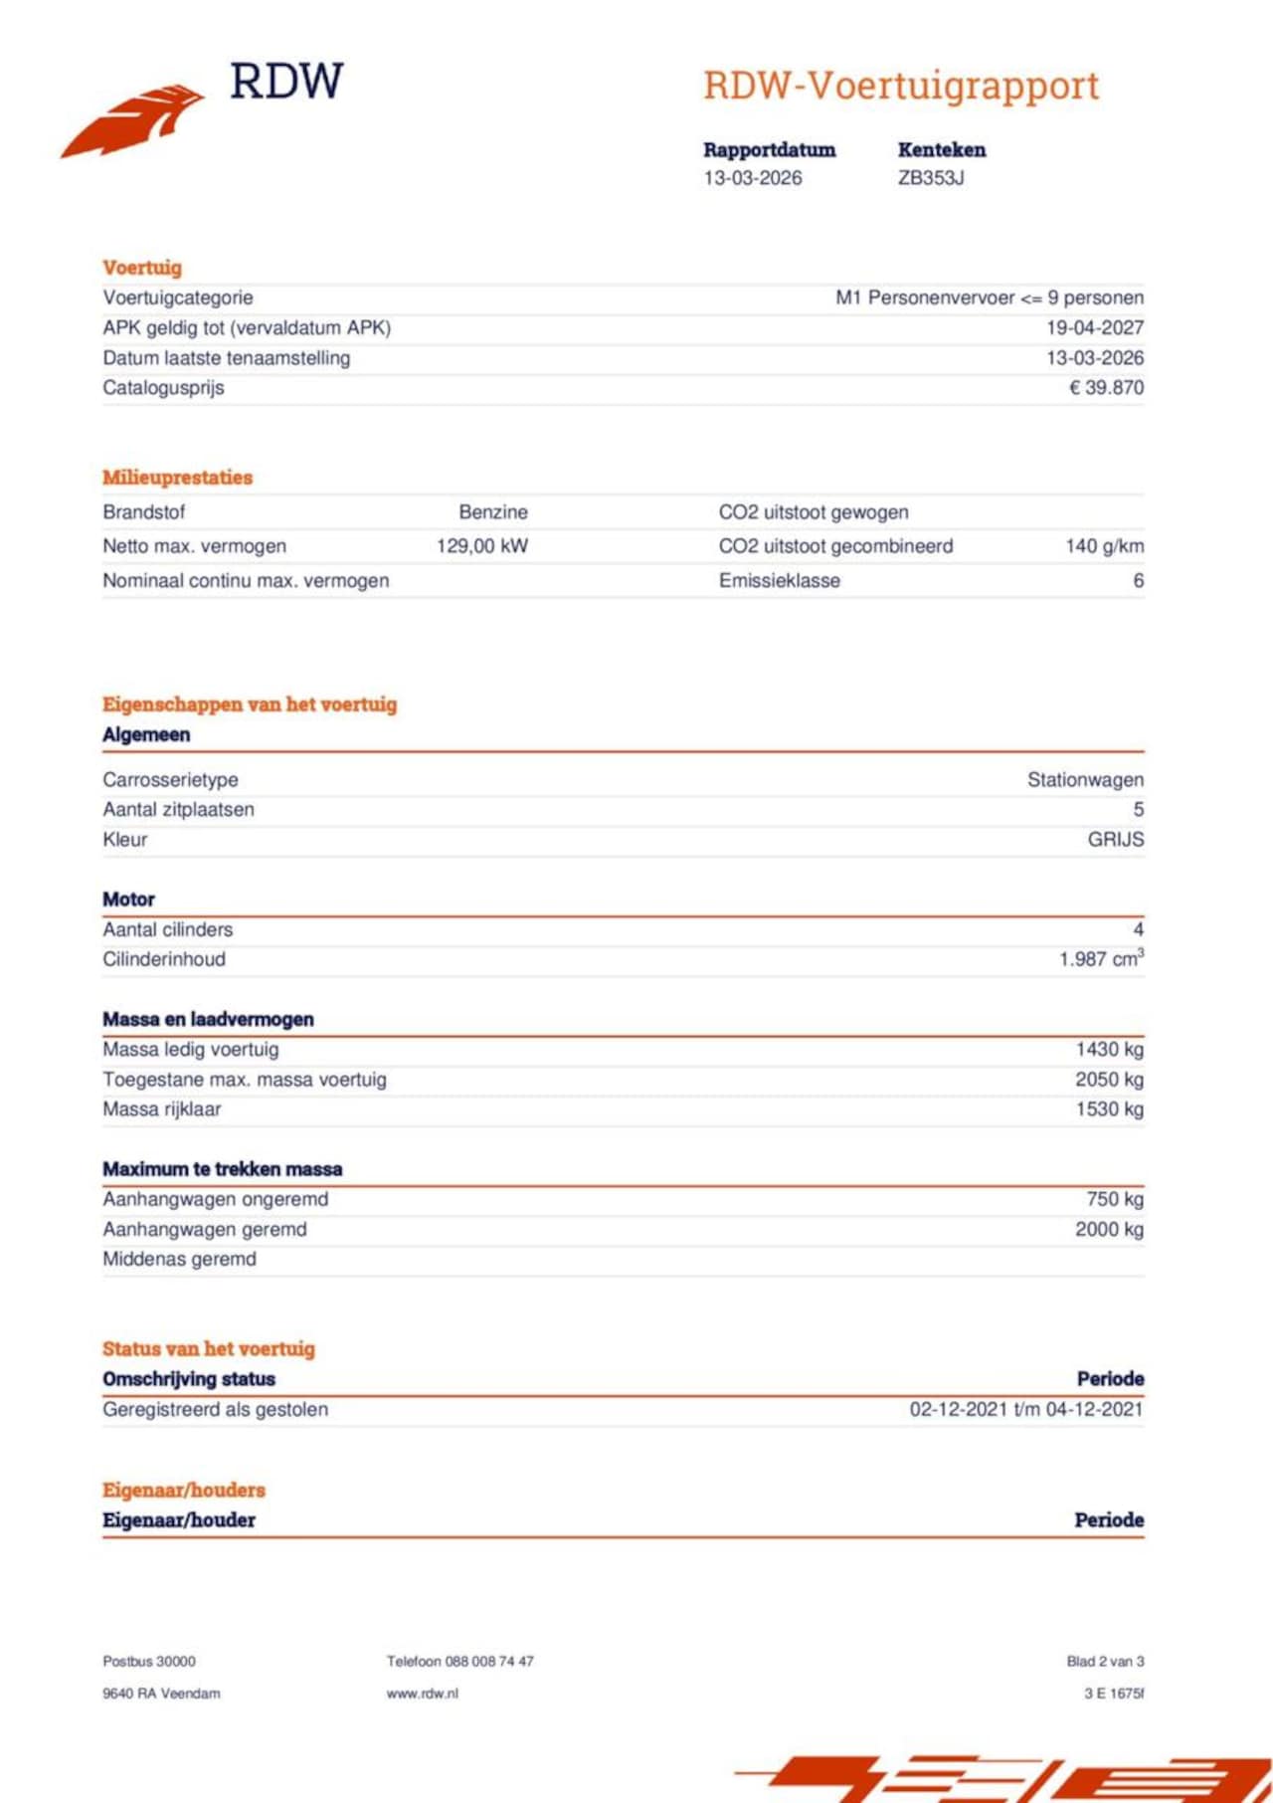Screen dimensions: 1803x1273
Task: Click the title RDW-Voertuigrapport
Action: tap(901, 86)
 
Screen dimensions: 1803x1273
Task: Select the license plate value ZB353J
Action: tap(931, 178)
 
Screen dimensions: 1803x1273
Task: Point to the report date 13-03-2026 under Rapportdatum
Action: tap(753, 178)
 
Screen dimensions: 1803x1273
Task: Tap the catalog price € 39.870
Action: tap(1106, 387)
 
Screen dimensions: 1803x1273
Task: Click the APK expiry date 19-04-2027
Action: tap(1094, 327)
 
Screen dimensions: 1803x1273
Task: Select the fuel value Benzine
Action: tap(493, 511)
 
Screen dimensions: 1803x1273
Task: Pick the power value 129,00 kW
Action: tap(482, 545)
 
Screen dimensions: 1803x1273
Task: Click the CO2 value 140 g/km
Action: tap(1104, 545)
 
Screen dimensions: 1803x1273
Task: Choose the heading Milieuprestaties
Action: tap(177, 477)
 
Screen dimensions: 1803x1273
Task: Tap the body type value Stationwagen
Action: tap(1085, 779)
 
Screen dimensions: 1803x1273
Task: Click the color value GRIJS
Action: tap(1115, 839)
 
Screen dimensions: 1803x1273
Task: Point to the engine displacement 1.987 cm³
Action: tap(1101, 959)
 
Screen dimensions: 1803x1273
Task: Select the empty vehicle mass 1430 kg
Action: tap(1109, 1049)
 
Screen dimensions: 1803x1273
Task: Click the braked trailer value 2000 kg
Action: tap(1109, 1229)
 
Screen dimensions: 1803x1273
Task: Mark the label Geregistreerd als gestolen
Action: tap(215, 1409)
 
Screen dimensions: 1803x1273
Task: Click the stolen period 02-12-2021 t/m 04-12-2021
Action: tap(1025, 1409)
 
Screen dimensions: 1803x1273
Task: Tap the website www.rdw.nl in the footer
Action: tap(423, 1693)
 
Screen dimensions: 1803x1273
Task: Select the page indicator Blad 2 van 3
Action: tap(1105, 1661)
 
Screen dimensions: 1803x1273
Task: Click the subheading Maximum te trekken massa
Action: tap(222, 1169)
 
